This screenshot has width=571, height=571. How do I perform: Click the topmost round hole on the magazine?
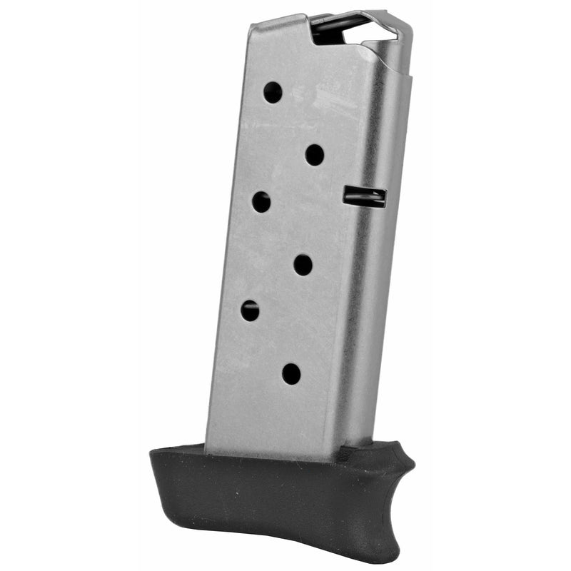coord(273,92)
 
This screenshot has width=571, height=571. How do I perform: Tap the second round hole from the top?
coord(315,154)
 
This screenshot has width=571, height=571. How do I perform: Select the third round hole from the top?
coord(261,202)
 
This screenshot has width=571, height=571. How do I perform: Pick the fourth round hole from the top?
coord(303,265)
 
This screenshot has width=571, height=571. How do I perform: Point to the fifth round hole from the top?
coord(250,310)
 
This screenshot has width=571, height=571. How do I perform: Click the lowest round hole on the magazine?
coord(291,373)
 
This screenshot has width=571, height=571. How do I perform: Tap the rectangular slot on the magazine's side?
coord(364,197)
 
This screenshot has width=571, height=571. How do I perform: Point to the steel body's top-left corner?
coord(251,27)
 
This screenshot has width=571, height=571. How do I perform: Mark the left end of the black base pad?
coord(152,457)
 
